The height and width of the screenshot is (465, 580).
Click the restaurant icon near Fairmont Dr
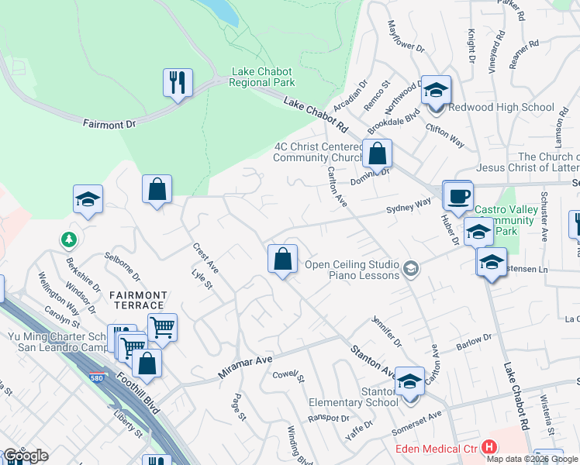(178, 82)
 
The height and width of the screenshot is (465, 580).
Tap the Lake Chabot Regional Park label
(263, 77)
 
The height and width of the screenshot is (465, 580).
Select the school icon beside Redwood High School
(436, 90)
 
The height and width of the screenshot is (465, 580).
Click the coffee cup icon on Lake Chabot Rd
(457, 195)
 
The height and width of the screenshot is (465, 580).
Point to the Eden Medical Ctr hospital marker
(489, 447)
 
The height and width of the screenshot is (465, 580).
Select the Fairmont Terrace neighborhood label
(138, 301)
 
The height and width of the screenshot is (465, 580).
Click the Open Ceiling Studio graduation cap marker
(411, 269)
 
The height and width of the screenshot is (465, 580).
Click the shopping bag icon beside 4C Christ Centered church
(377, 153)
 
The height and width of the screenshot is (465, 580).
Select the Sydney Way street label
(409, 205)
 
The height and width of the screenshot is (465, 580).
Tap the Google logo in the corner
(25, 456)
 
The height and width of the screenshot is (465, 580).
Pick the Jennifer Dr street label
(386, 331)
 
